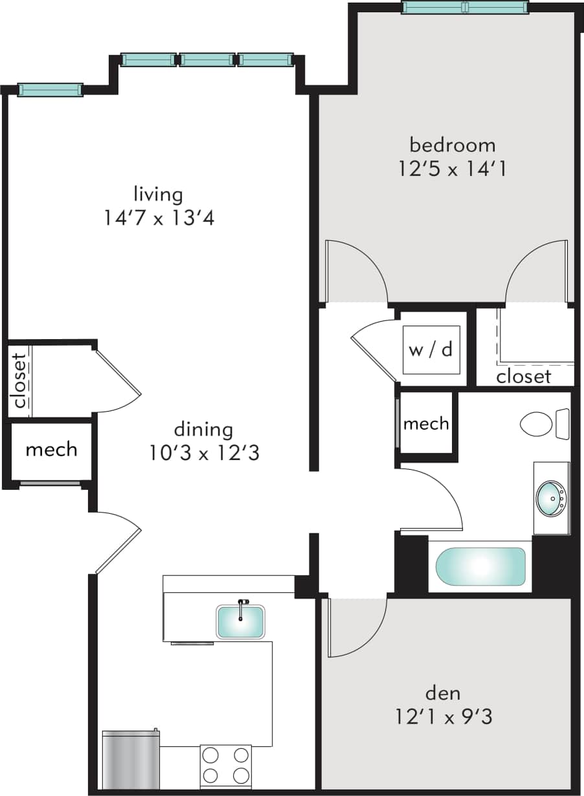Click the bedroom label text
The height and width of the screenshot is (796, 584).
(x=453, y=144)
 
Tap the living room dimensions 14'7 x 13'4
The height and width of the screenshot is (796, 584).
(x=159, y=218)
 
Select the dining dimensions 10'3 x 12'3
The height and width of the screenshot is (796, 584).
(x=204, y=453)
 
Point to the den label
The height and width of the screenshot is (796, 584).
(x=443, y=693)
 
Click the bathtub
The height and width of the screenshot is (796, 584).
(x=480, y=566)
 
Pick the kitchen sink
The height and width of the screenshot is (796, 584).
(x=240, y=621)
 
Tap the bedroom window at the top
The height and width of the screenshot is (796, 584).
(x=465, y=7)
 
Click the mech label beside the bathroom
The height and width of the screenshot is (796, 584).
(x=426, y=424)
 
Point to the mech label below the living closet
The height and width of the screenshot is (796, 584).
(x=51, y=449)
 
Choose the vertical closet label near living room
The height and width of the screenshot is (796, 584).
(x=19, y=381)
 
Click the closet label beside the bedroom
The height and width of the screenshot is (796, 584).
(x=523, y=376)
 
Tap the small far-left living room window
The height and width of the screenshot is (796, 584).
(x=50, y=90)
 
